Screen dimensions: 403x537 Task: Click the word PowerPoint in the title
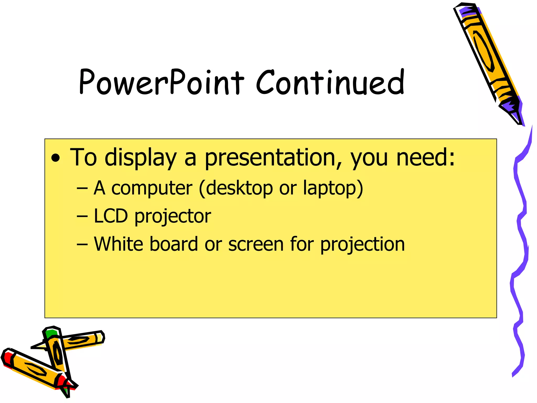tap(161, 82)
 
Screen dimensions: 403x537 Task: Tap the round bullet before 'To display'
tap(56, 158)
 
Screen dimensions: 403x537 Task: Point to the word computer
tap(152, 188)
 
